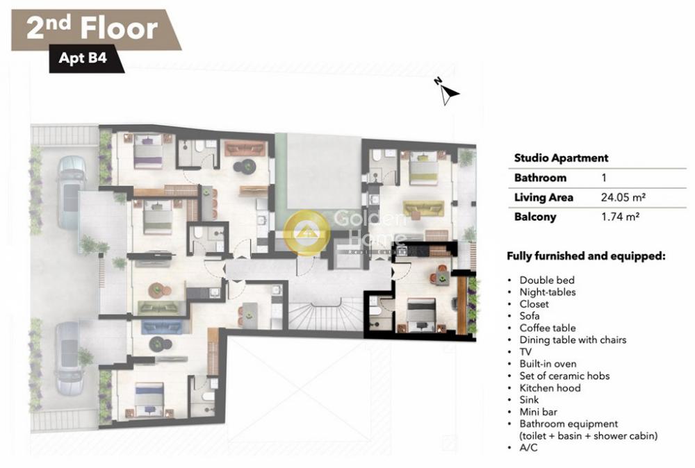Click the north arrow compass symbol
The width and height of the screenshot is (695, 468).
[448, 91]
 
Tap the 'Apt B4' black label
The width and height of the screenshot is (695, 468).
[83, 58]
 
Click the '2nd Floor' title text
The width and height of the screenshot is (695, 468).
[92, 28]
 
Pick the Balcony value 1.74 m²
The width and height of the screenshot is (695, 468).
[620, 217]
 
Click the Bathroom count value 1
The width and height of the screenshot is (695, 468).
[604, 178]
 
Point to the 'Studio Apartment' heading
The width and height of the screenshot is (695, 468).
[561, 158]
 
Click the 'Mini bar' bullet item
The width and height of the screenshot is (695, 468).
[538, 412]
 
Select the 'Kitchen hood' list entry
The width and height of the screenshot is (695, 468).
[550, 388]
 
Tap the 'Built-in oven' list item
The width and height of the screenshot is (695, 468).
[548, 364]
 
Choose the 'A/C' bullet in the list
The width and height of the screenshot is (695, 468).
[528, 448]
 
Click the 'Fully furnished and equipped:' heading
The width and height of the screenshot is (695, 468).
[586, 256]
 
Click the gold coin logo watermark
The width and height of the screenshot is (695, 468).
[306, 233]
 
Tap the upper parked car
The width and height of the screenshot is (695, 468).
[72, 192]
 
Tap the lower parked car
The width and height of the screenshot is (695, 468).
[69, 358]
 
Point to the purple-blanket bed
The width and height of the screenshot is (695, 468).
[149, 151]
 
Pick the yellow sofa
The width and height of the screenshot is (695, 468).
[423, 208]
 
